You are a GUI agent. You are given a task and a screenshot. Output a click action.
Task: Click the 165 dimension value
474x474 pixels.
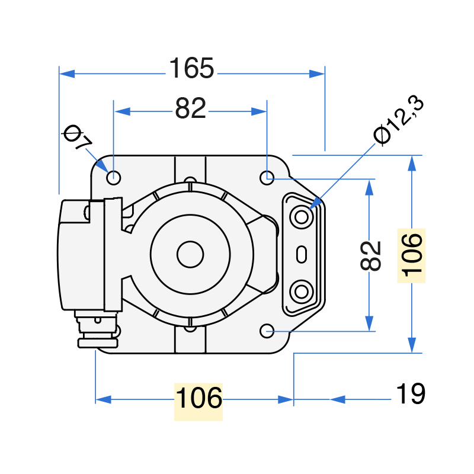[191, 69]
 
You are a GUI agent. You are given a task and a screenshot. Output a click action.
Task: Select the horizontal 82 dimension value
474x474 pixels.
[190, 108]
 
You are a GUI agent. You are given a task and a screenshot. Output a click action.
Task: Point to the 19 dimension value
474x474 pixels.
[410, 395]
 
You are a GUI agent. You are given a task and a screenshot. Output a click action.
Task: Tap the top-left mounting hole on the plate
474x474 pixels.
[114, 177]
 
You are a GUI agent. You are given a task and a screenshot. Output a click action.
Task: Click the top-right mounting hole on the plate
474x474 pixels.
[267, 177]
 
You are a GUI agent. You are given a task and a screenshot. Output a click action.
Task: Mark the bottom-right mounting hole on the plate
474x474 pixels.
[267, 330]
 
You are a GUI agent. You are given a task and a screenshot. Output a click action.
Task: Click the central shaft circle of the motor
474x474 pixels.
[190, 254]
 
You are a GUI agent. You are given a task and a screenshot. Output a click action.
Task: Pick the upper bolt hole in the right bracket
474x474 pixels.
[302, 217]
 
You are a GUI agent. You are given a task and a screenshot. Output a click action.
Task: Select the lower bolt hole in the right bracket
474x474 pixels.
[302, 292]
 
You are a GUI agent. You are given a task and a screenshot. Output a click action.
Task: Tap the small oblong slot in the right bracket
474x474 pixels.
[302, 255]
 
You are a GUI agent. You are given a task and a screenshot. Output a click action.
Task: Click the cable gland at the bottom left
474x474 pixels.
[98, 332]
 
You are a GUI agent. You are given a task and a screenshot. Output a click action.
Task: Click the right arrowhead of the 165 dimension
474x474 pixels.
[318, 73]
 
